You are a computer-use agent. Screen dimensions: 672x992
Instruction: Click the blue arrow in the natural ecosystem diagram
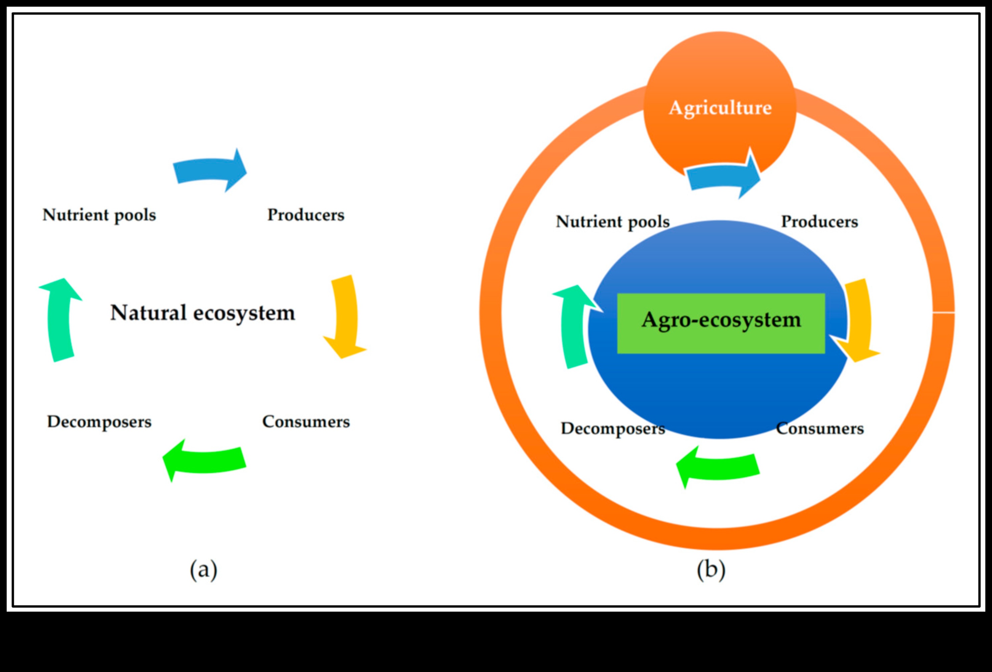point(209,171)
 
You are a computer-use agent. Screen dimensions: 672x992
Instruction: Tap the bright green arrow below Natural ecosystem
point(205,461)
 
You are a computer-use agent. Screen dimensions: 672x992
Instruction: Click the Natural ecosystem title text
point(202,313)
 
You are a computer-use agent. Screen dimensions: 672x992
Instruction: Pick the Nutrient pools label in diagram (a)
point(99,215)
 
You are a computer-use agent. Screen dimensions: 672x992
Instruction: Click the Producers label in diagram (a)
point(306,215)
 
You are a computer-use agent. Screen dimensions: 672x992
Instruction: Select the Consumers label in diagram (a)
point(306,422)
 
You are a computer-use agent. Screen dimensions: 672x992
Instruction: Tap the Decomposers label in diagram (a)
point(99,422)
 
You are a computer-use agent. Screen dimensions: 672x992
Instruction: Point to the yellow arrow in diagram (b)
point(858,320)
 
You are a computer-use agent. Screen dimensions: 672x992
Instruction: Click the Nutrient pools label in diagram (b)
point(613,222)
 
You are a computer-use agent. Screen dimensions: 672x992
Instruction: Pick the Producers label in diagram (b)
point(819,221)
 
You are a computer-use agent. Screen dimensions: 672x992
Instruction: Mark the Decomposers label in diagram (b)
point(613,428)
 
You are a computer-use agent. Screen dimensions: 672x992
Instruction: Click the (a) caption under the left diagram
point(204,569)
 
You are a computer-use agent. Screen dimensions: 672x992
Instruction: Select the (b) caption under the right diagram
point(711,569)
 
